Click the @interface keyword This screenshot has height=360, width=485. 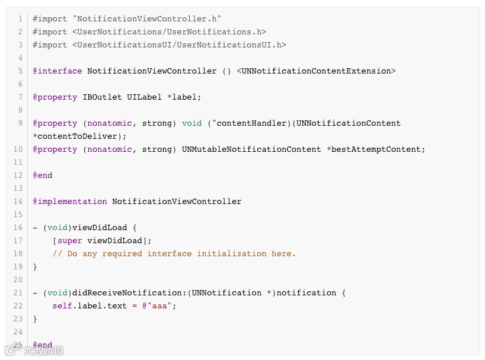pos(58,71)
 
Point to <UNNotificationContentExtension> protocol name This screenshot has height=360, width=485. pos(316,71)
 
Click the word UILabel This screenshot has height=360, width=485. pos(142,97)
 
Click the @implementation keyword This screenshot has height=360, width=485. pos(70,202)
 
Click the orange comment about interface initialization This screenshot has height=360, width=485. pos(174,254)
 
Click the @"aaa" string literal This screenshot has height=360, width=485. pos(159,306)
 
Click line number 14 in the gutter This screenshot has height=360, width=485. pos(18,202)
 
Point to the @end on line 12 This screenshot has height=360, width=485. pos(43,176)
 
